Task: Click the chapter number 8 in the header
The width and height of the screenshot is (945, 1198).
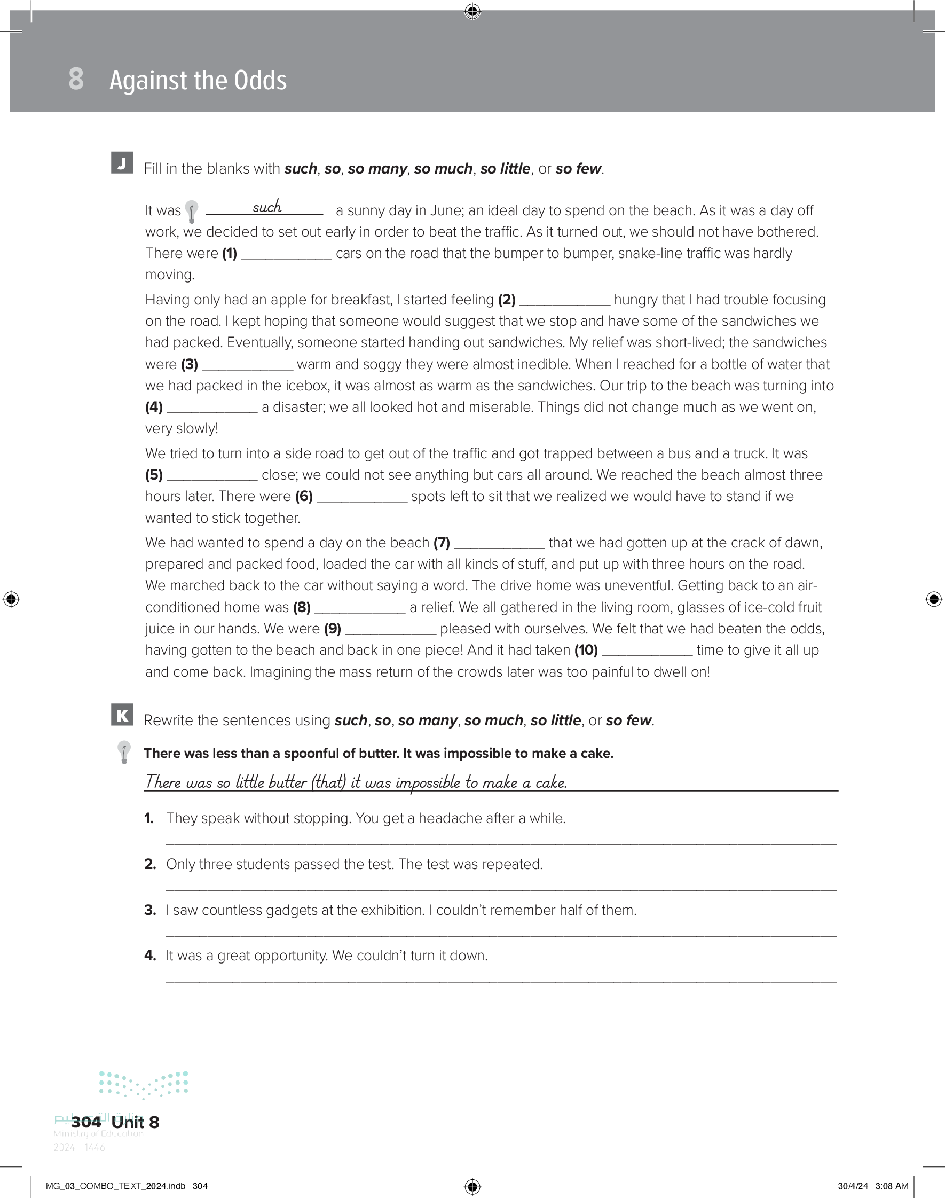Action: point(76,79)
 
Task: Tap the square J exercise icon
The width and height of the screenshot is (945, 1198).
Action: point(122,163)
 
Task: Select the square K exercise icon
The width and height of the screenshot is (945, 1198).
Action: point(122,715)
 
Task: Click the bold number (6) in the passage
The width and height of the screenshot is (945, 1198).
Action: point(304,496)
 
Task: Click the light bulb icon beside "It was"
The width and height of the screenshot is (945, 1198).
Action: point(192,212)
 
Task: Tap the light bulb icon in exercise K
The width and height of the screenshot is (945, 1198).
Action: point(124,753)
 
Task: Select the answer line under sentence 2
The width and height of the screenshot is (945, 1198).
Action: point(501,889)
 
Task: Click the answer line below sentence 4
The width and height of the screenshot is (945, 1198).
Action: point(501,981)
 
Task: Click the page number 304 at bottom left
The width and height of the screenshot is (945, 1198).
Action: point(86,1122)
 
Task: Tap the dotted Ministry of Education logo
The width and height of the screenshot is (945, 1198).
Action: point(144,1084)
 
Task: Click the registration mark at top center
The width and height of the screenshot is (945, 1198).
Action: point(472,11)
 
